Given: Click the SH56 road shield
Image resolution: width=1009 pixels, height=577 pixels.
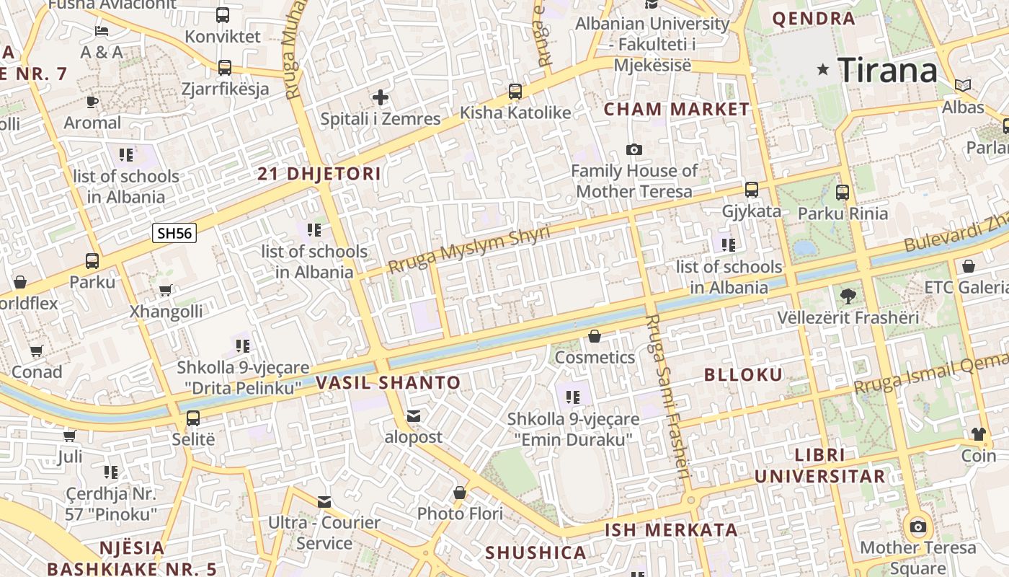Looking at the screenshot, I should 174,233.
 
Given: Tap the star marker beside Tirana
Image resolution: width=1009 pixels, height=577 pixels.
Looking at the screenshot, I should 823,70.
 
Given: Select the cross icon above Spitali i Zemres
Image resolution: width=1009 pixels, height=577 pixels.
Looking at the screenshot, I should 381,97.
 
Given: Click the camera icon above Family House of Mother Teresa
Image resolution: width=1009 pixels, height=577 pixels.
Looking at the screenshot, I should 634,149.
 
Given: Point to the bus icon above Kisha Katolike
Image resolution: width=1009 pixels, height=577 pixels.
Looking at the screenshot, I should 515,92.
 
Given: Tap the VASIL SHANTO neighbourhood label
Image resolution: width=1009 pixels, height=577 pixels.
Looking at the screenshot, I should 388,383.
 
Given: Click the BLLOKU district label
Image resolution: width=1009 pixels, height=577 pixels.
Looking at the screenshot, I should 743,374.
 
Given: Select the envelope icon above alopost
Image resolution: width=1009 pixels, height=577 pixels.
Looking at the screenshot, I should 414,416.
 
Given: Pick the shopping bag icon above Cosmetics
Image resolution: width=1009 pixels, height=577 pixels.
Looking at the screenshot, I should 595,336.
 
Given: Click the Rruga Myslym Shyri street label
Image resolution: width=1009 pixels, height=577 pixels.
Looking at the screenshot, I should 468,249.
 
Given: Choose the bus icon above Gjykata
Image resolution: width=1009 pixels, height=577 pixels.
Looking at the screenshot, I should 752,190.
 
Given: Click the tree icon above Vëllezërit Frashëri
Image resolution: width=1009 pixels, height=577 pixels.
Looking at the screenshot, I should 848,296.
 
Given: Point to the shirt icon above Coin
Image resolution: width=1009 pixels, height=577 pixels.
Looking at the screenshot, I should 978,434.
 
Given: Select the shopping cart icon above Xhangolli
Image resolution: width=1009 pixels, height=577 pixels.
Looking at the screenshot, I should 166,291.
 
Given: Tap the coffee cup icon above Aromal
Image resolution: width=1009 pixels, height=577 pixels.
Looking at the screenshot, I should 92,102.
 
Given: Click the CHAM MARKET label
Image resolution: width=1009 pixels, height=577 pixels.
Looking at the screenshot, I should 677,110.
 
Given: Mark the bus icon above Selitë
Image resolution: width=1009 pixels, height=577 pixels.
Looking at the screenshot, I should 193,418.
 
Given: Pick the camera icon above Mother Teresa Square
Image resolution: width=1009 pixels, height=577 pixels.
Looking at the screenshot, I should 918,527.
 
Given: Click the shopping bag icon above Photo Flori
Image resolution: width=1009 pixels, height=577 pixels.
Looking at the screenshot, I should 460,493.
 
